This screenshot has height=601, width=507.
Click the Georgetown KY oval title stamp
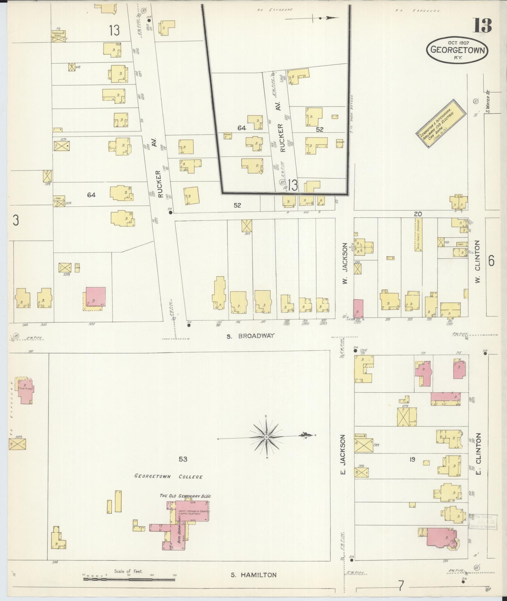click(x=457, y=50)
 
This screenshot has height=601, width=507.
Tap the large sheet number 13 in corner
click(x=483, y=25)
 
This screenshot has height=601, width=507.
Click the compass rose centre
click(x=267, y=437)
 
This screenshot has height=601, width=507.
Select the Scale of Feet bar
click(x=129, y=579)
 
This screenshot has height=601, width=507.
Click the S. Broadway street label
click(x=251, y=336)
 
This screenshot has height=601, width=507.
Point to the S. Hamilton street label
click(x=253, y=575)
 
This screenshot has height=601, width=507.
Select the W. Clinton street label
click(x=478, y=261)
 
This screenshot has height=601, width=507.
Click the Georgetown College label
click(x=168, y=485)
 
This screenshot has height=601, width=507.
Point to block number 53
click(x=183, y=459)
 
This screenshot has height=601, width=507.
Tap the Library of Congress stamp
click(x=483, y=522)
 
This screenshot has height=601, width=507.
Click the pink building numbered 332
click(x=96, y=297)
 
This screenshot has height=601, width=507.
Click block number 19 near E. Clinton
click(x=412, y=459)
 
